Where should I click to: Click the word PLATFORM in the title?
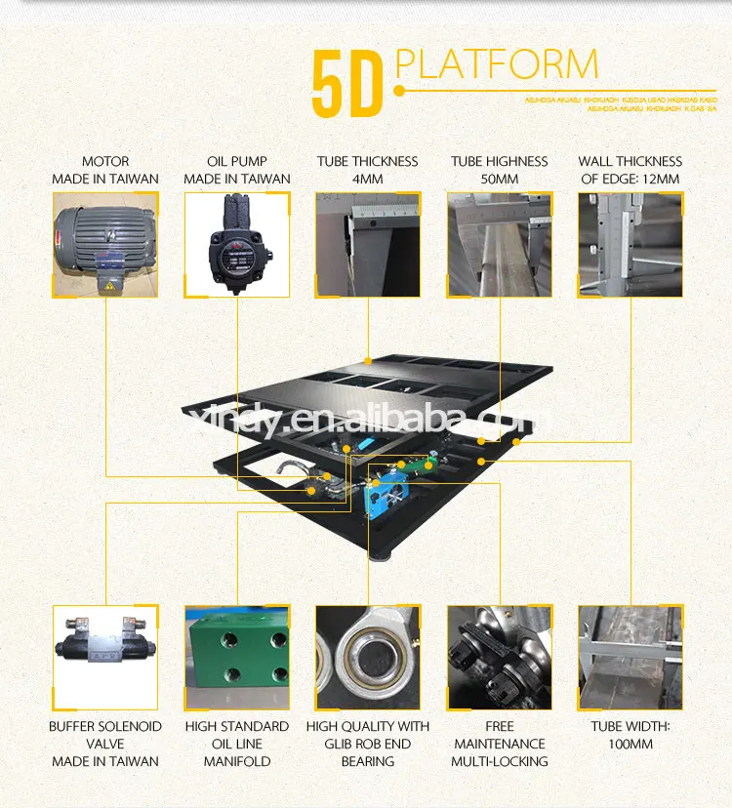point(497,64)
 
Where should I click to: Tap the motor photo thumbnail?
point(104,244)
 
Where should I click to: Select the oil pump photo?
point(236,244)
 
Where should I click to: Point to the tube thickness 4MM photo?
point(367,244)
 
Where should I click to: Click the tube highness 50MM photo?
point(500,244)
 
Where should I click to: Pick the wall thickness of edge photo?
point(630,244)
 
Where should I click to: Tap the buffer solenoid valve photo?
point(104,657)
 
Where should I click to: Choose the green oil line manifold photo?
point(236,657)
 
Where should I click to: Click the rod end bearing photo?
point(367,657)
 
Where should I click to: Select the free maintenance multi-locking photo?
point(500,657)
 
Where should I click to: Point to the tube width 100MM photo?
point(630,657)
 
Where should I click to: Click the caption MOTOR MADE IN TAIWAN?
point(104,170)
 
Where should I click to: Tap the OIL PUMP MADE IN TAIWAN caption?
point(236,170)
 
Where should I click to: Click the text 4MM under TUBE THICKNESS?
point(367,180)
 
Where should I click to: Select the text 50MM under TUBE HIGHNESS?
point(500,180)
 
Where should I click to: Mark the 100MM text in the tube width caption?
point(630,744)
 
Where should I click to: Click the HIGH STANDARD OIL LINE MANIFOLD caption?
point(236,744)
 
